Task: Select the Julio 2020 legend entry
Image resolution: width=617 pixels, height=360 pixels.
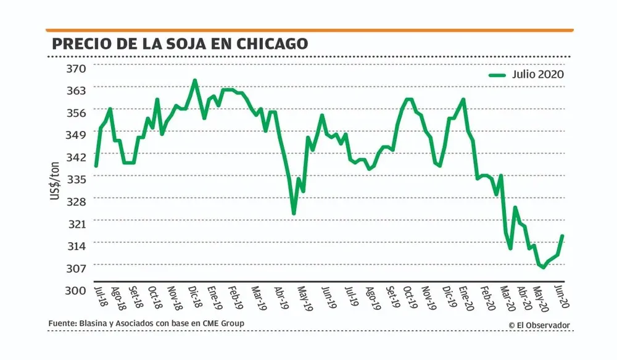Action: click(x=537, y=74)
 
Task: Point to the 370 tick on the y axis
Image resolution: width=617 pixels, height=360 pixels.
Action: click(x=75, y=67)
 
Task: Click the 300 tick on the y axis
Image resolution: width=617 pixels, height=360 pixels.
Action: click(x=75, y=290)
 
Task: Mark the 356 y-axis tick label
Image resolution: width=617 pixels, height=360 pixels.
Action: click(x=75, y=112)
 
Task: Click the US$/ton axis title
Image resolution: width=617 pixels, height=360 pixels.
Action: click(x=56, y=178)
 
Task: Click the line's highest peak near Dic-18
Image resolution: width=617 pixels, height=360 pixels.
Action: click(x=195, y=80)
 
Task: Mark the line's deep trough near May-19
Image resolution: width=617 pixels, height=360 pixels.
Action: click(x=294, y=214)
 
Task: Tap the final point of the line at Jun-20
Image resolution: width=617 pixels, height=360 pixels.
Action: click(x=563, y=235)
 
